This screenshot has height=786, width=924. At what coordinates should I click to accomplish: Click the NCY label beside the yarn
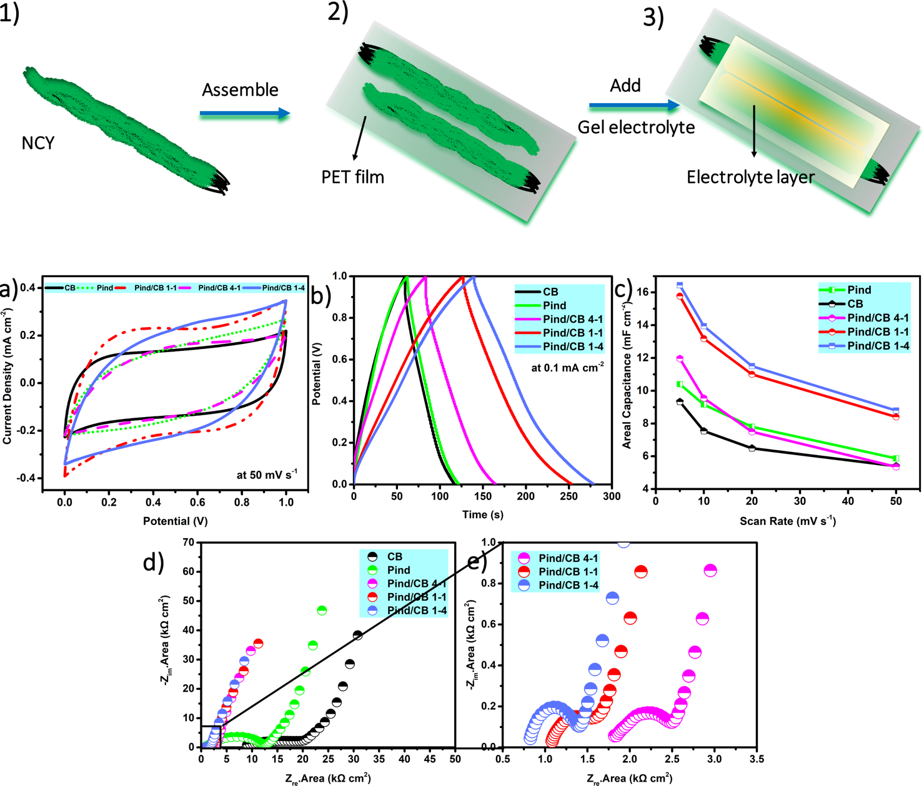[38, 143]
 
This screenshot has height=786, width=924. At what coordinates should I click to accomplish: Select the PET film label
[352, 177]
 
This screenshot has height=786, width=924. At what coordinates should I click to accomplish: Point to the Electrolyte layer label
[750, 177]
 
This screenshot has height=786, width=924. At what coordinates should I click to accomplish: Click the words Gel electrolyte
[636, 127]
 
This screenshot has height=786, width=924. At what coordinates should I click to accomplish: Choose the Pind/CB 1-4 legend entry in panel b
[572, 346]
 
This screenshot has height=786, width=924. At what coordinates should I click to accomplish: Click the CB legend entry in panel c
[855, 304]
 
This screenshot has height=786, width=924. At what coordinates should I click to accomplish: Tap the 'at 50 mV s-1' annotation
[267, 474]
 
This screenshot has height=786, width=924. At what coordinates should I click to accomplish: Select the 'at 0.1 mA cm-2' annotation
[567, 368]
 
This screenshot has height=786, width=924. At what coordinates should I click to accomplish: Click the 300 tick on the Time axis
[612, 496]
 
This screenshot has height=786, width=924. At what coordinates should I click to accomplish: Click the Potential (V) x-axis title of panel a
[176, 521]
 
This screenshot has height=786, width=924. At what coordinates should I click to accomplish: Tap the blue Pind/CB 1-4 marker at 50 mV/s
[896, 411]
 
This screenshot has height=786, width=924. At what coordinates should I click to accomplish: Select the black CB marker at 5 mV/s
[680, 402]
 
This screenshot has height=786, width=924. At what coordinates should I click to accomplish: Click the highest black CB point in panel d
[357, 635]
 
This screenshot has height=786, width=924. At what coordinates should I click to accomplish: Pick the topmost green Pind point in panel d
[322, 611]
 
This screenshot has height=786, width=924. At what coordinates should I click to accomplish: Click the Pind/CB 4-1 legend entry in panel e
[568, 558]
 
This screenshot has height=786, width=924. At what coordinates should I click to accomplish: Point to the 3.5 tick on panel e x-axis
[757, 760]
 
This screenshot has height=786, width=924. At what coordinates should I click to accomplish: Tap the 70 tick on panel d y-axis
[189, 543]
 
